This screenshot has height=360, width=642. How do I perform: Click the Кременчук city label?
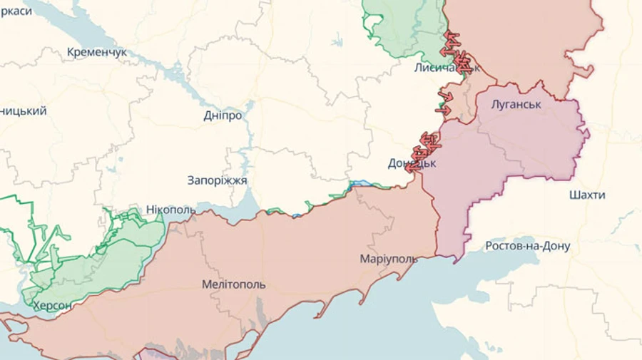point(97,52)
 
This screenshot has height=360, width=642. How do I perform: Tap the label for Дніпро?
point(223,115)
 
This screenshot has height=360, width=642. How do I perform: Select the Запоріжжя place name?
point(218,180)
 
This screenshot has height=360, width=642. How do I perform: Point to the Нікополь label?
point(170,210)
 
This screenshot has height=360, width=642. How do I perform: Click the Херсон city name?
point(51,306)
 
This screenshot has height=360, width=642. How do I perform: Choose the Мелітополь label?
point(234,284)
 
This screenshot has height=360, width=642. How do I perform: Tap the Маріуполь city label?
point(389,258)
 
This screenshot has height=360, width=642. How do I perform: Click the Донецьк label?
point(412,163)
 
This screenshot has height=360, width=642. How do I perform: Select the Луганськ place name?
point(516,104)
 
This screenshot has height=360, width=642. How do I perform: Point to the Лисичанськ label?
point(445,68)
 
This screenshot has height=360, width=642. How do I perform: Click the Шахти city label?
point(588,195)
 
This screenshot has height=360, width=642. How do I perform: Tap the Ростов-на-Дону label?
point(528,246)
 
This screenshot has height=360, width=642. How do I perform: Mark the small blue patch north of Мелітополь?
point(296,215)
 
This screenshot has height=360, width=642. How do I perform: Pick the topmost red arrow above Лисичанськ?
point(451,36)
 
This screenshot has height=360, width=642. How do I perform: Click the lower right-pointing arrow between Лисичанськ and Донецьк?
point(443,110)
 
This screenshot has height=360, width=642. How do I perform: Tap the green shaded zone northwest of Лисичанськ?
point(403,29)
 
